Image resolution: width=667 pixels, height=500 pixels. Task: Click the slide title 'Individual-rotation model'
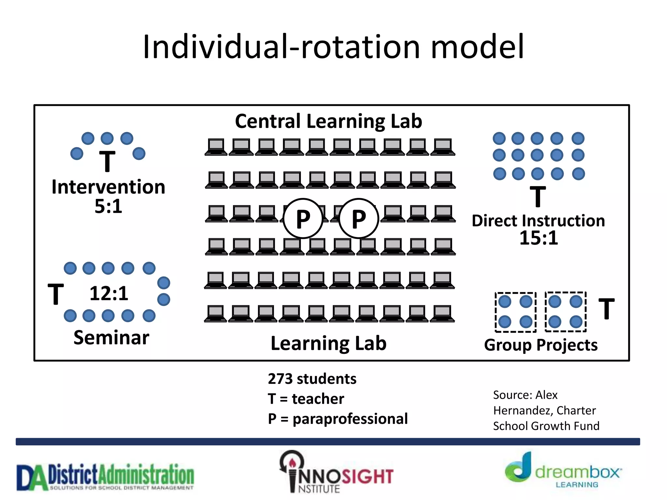point(333,47)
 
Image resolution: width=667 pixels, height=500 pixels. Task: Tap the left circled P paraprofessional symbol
point(303,218)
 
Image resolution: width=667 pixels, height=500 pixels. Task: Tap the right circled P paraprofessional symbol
point(359,218)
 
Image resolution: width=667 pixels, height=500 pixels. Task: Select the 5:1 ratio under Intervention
point(108,206)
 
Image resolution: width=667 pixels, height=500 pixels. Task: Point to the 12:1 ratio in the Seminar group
point(109,293)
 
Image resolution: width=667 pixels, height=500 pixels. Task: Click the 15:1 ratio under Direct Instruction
point(538,238)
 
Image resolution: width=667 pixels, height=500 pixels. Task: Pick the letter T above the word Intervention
point(107,161)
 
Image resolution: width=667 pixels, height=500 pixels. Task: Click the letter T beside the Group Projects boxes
point(606,309)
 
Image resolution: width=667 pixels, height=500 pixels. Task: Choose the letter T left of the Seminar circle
point(56,294)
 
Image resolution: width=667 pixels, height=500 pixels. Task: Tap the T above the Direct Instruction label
point(538,196)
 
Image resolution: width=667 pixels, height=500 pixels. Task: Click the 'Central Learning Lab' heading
point(328,121)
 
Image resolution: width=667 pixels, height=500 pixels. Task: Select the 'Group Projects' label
point(541,345)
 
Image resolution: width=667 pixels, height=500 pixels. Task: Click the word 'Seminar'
point(111,338)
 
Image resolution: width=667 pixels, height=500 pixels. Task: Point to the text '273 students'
point(312,379)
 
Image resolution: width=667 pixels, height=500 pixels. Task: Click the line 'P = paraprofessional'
point(337,419)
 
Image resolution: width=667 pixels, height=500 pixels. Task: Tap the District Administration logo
point(105,477)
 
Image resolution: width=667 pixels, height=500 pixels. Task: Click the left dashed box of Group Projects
point(515,312)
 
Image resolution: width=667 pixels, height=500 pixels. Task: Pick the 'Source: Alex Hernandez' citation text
point(546,410)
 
